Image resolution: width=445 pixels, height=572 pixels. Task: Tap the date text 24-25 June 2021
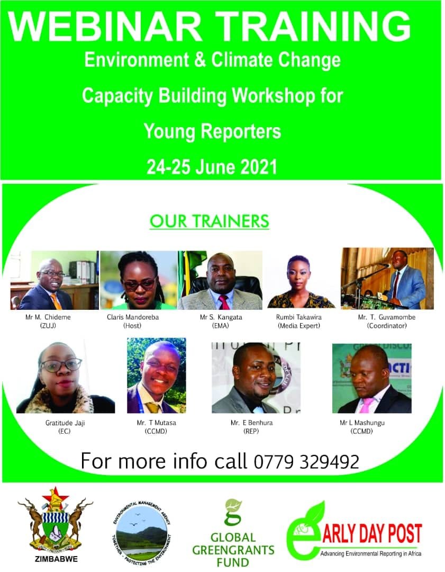click(212, 167)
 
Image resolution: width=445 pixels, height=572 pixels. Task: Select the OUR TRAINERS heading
click(210, 221)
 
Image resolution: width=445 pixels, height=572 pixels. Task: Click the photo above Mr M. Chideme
click(55, 280)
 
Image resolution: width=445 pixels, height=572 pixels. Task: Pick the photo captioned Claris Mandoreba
click(139, 280)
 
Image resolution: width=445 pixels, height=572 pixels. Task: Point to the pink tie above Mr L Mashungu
click(366, 405)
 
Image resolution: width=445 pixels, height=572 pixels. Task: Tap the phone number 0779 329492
click(307, 462)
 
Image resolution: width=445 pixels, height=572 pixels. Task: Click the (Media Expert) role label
click(299, 326)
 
